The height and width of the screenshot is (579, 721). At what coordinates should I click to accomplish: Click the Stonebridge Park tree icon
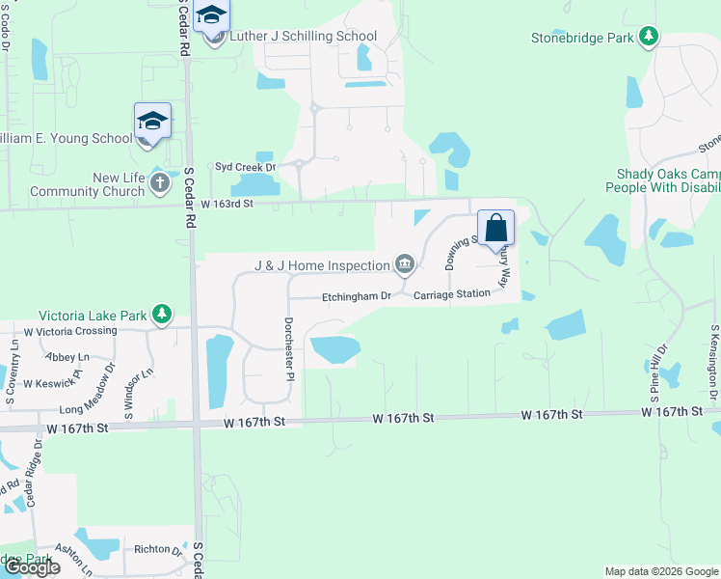point(651,38)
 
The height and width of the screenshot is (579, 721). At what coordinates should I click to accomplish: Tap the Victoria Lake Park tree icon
point(163,314)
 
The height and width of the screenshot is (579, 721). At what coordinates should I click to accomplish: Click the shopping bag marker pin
point(496,229)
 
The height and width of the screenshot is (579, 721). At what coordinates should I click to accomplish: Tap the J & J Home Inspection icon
point(405,264)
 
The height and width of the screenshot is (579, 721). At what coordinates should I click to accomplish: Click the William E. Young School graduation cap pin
point(152,122)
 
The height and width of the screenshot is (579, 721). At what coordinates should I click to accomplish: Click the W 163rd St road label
point(227,204)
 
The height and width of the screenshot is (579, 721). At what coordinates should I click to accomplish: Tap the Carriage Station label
point(452,294)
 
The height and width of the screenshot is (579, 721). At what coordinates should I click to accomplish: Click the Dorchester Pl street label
point(287,348)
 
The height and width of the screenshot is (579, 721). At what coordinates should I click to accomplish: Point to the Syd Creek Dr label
point(245,167)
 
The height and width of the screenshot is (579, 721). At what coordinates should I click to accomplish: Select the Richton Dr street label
point(157,550)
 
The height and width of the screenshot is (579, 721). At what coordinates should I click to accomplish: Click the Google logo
point(32,567)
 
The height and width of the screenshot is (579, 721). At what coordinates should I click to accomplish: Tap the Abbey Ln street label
point(67,356)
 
